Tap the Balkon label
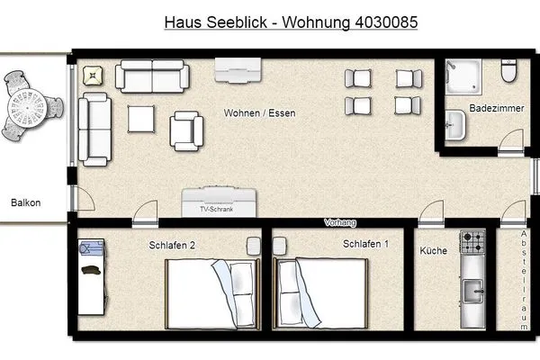[25, 202]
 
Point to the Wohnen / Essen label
[260, 113]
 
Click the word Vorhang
[340, 222]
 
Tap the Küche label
[434, 251]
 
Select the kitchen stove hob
[472, 243]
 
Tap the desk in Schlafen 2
[89, 275]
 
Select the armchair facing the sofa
[187, 129]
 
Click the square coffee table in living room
[142, 120]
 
